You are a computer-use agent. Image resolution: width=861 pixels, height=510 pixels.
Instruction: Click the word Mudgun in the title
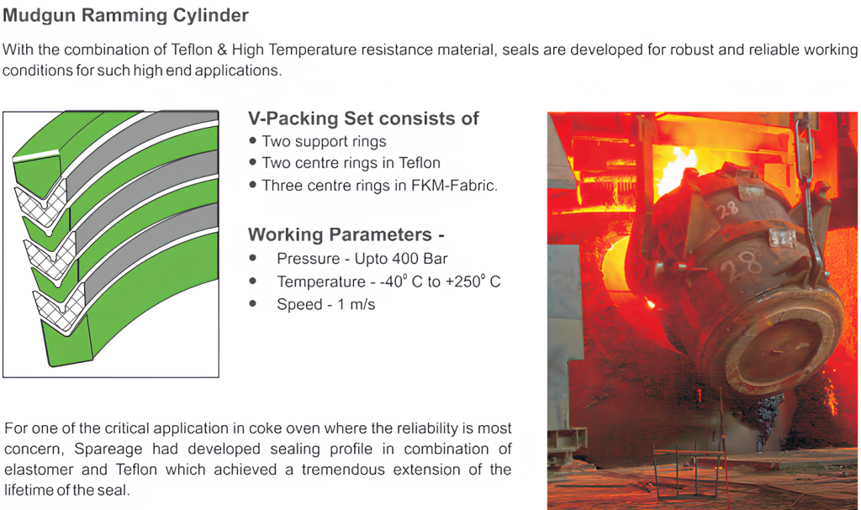coord(40,16)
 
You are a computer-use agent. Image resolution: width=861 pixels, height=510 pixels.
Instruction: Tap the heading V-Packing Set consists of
coord(363,118)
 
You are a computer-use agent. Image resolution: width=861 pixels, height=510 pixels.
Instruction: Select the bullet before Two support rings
coord(252,140)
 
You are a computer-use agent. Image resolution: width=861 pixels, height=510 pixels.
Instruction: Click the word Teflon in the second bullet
coord(420,163)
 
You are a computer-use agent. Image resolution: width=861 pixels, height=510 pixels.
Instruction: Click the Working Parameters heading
coord(346,235)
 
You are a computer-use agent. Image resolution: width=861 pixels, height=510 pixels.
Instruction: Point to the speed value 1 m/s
coord(356,305)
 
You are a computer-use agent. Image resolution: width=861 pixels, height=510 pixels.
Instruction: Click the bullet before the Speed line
coord(252,303)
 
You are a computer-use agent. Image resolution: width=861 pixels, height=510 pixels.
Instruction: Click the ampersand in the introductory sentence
coord(222,50)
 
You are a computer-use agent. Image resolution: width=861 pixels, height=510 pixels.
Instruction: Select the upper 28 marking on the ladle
coord(727,209)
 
